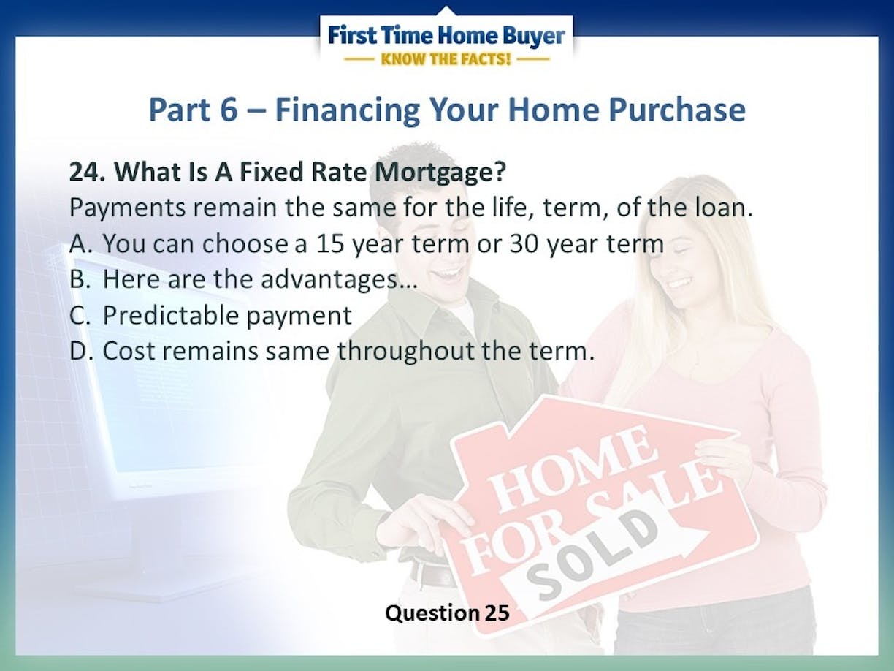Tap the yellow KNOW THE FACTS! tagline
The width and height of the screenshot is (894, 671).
(446, 59)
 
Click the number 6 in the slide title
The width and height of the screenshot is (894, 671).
(229, 110)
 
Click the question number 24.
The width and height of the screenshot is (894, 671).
(88, 172)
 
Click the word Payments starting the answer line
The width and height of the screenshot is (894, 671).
(128, 208)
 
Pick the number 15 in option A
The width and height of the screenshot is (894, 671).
(330, 244)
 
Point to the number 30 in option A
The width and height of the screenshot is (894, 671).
(524, 244)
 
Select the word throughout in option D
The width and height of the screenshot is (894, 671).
(405, 352)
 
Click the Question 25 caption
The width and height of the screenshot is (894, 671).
(447, 613)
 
